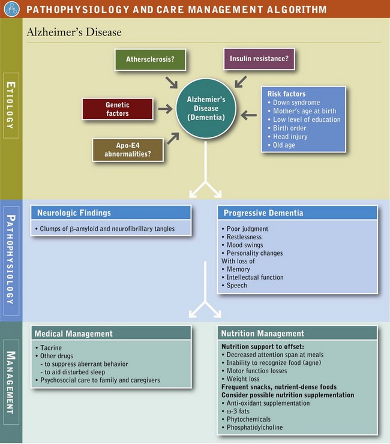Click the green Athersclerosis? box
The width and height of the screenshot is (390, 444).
click(x=150, y=60)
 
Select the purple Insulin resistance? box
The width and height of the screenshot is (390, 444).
click(x=259, y=59)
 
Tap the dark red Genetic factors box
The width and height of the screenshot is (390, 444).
click(x=118, y=108)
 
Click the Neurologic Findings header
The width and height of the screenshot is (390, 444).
click(x=74, y=213)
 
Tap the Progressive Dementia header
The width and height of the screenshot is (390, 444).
click(x=263, y=213)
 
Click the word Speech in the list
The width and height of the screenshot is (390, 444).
click(x=237, y=286)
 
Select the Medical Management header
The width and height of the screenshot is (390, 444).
click(x=74, y=333)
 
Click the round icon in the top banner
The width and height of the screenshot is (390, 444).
click(x=10, y=9)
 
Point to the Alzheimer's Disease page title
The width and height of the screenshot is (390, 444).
click(x=74, y=32)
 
